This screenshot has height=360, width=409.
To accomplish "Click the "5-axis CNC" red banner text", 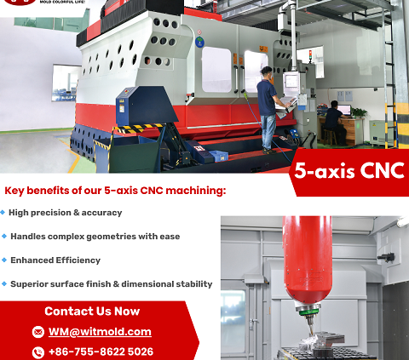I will coord(349,169).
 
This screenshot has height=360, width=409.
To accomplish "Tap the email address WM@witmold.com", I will coord(100,332).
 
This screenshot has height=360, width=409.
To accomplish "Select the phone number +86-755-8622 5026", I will coord(101,351).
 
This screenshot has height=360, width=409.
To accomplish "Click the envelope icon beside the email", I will coord(37,332).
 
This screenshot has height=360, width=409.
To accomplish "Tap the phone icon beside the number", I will coord(37,351).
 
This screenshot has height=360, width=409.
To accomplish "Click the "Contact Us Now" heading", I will coord(92,311).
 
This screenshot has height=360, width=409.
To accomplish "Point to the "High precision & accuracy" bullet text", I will coord(66,213).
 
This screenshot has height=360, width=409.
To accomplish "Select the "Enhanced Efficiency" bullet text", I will coord(55,260).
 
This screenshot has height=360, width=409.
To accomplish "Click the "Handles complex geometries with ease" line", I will coord(95,237).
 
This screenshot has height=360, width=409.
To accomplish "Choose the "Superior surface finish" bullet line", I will coord(111,284).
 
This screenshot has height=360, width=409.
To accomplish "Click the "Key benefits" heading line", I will coord(115,191).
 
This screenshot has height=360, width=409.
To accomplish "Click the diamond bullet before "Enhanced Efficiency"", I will coord(4,260).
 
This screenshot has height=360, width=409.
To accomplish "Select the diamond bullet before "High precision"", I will coord(4,213).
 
